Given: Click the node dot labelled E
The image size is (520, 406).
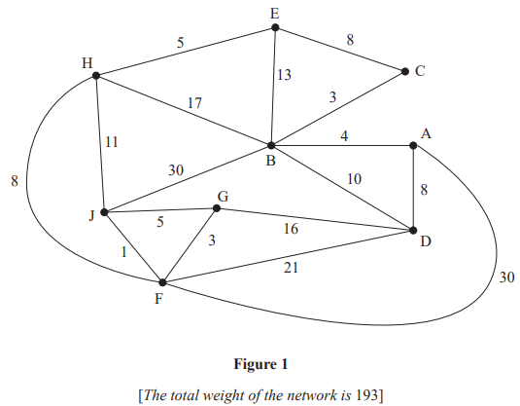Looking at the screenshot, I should click(x=275, y=28).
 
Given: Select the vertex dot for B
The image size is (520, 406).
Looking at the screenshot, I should click(x=275, y=146).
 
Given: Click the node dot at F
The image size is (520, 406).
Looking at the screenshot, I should click(x=162, y=282).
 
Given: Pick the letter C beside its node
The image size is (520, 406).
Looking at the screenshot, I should click(x=421, y=71).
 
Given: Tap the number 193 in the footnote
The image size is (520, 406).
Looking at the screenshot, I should click(x=364, y=392).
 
